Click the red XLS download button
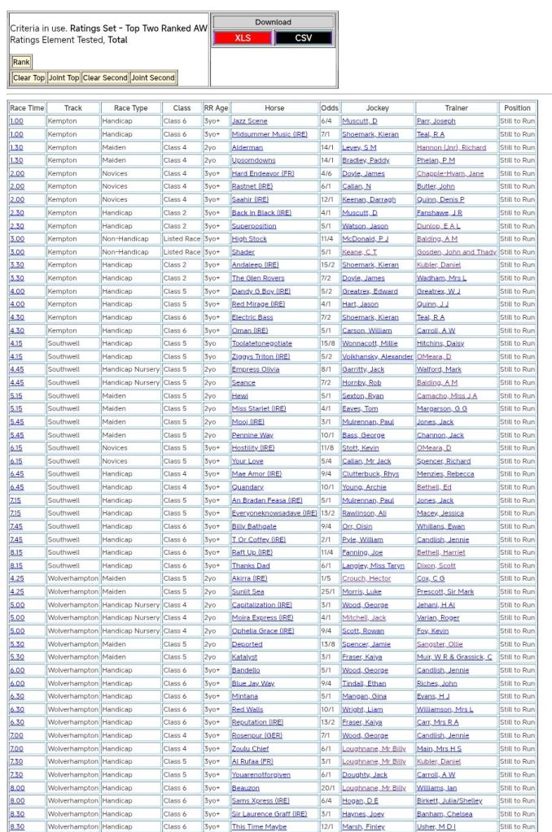point(243,38)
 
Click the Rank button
point(21,62)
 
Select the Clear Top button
point(28,78)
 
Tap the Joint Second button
point(152,78)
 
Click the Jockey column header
point(378,108)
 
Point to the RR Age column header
point(216,108)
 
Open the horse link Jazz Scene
point(249,121)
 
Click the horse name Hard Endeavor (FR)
point(262,173)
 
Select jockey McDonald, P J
point(364,239)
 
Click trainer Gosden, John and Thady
point(456,252)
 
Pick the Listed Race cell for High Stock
point(182,239)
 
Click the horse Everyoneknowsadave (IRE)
point(274,513)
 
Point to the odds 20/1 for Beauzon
point(329,788)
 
